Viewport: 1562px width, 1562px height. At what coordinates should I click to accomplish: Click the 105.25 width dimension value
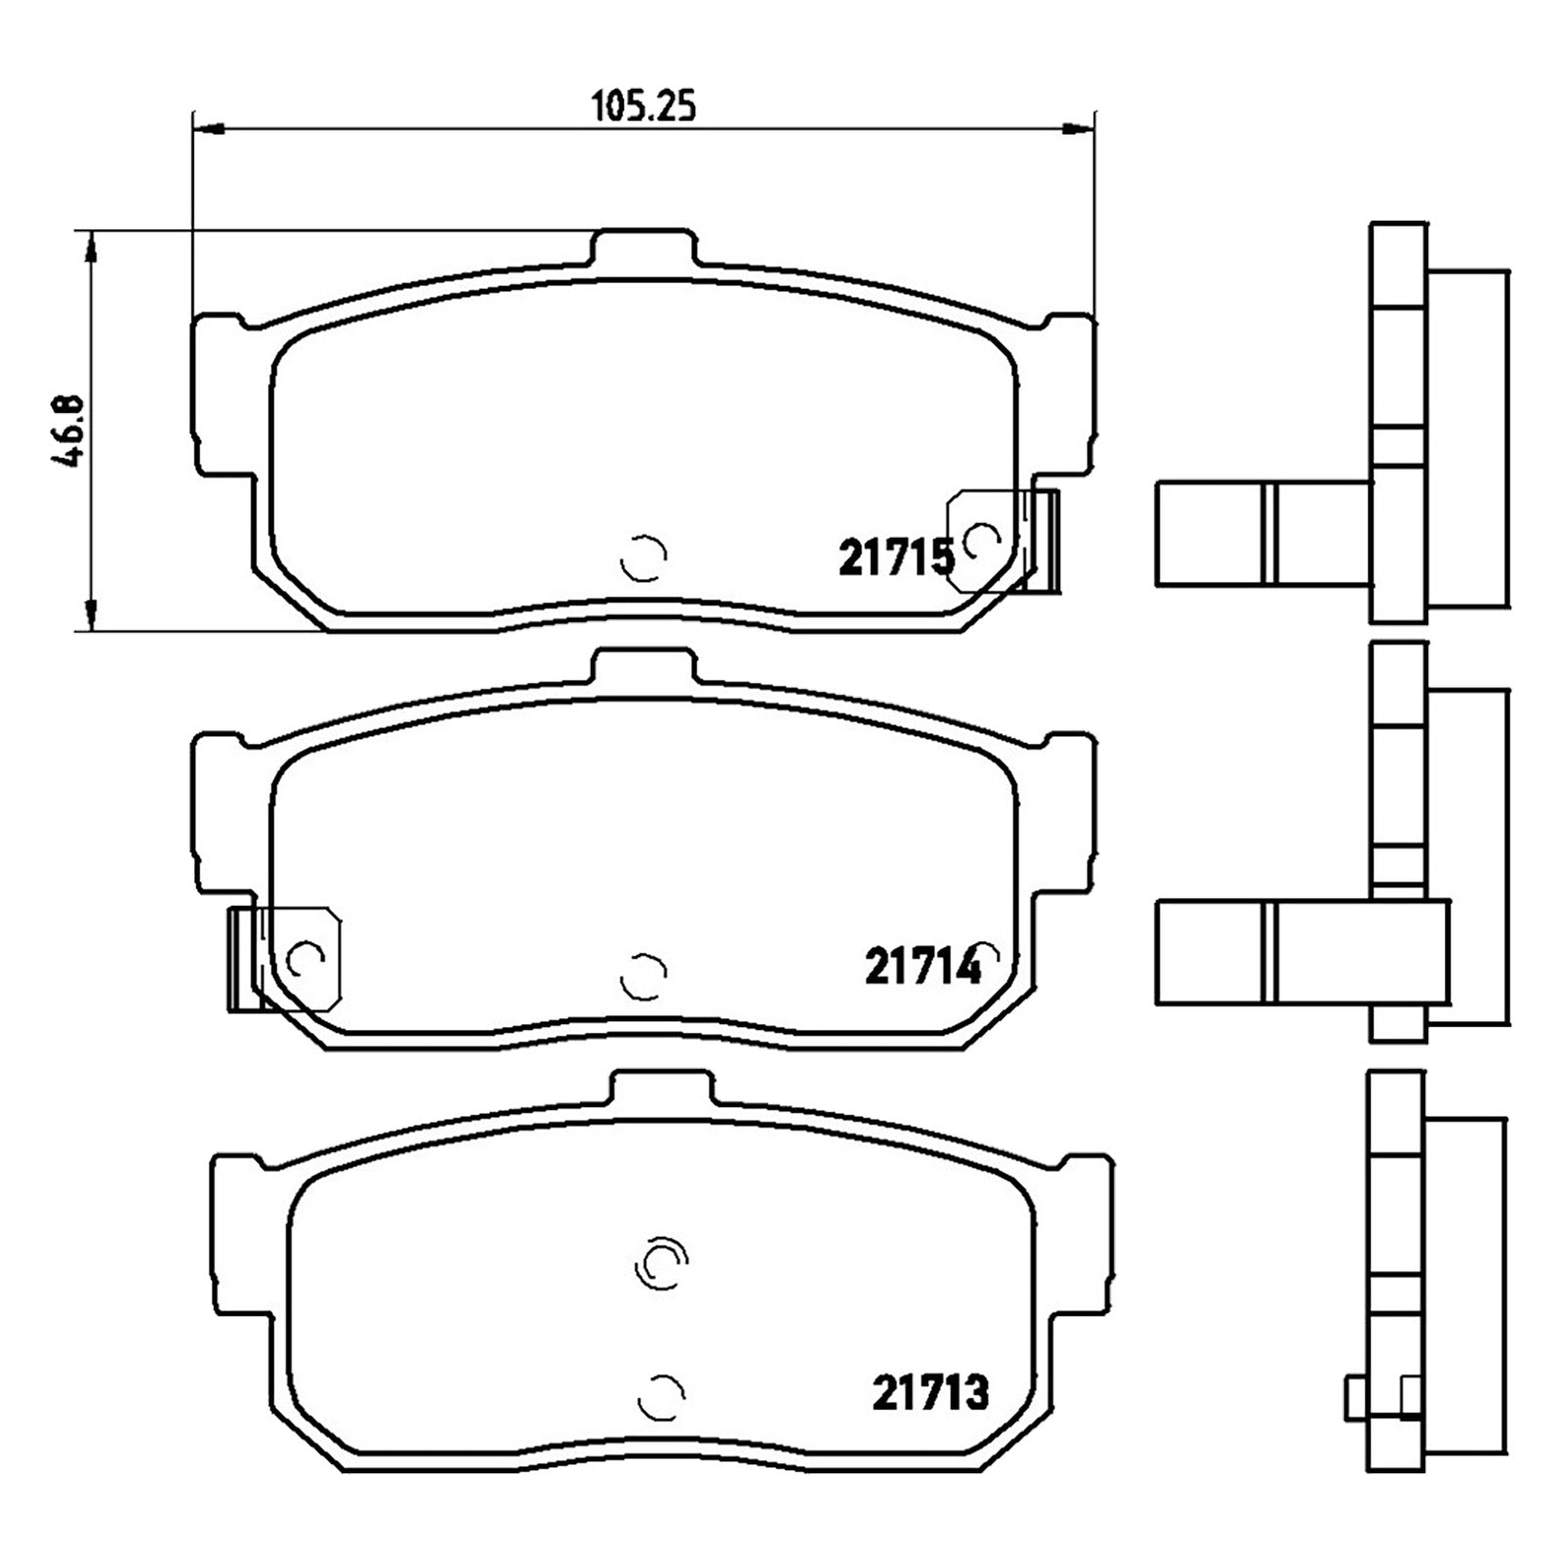coord(644,104)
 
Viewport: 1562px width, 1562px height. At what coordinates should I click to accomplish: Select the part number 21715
coord(896,558)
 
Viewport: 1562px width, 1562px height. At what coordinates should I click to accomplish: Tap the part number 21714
coord(923,967)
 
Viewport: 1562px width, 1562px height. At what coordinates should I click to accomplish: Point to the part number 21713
coord(930,1393)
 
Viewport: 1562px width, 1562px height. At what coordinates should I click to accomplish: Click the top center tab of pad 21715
coord(644,247)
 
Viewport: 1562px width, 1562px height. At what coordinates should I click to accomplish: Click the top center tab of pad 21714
coord(644,667)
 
